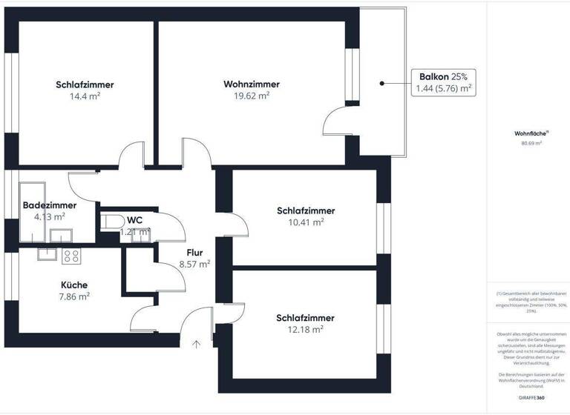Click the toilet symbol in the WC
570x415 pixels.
[x=112, y=222]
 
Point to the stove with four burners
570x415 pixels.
[x=72, y=256]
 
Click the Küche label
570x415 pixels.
[x=74, y=285]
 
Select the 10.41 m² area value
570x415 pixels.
[x=306, y=222]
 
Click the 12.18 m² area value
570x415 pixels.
[x=305, y=329]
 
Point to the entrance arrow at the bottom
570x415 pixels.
[x=196, y=343]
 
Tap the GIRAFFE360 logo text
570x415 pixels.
[x=531, y=399]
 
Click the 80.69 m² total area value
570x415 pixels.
[x=531, y=144]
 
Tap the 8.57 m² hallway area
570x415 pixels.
[x=194, y=263]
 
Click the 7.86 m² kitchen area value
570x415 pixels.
[x=74, y=296]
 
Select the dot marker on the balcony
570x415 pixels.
[x=381, y=83]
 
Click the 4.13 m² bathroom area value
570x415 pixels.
[x=50, y=217]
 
